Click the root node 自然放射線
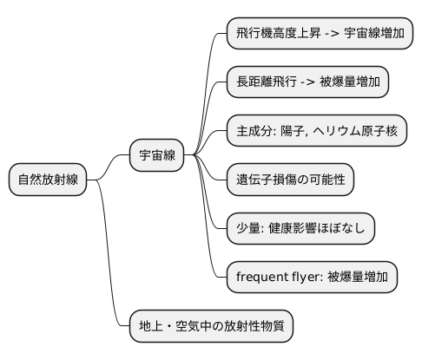point(49,180)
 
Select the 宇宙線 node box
point(157,156)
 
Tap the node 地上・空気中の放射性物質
point(211,327)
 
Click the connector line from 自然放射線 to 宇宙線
point(109,168)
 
